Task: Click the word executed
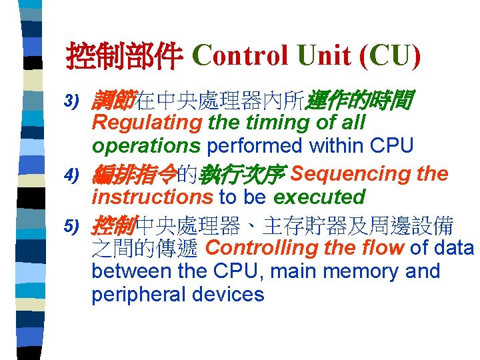pos(319,197)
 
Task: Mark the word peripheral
pos(138,295)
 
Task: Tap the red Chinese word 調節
pos(114,101)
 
